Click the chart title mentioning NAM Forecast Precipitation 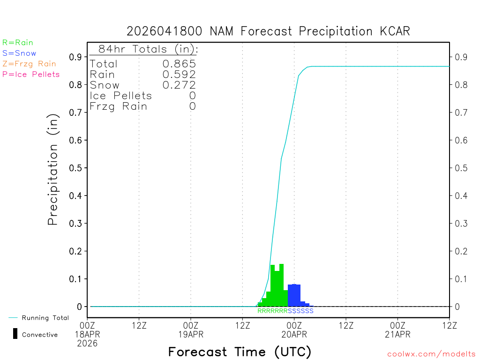click(x=268, y=31)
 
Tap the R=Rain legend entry click(x=18, y=43)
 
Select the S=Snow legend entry click(x=19, y=53)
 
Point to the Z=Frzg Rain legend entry click(x=29, y=64)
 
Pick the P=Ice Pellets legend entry click(x=31, y=74)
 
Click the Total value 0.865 click(x=179, y=64)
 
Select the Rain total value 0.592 click(x=179, y=74)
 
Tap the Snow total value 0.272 click(x=179, y=85)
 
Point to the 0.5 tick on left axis click(x=75, y=168)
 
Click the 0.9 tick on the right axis click(x=461, y=57)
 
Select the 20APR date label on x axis click(x=294, y=334)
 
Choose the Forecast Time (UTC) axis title click(x=240, y=352)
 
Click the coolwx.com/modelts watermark click(x=431, y=354)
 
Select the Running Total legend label click(x=45, y=318)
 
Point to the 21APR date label click(x=397, y=334)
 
